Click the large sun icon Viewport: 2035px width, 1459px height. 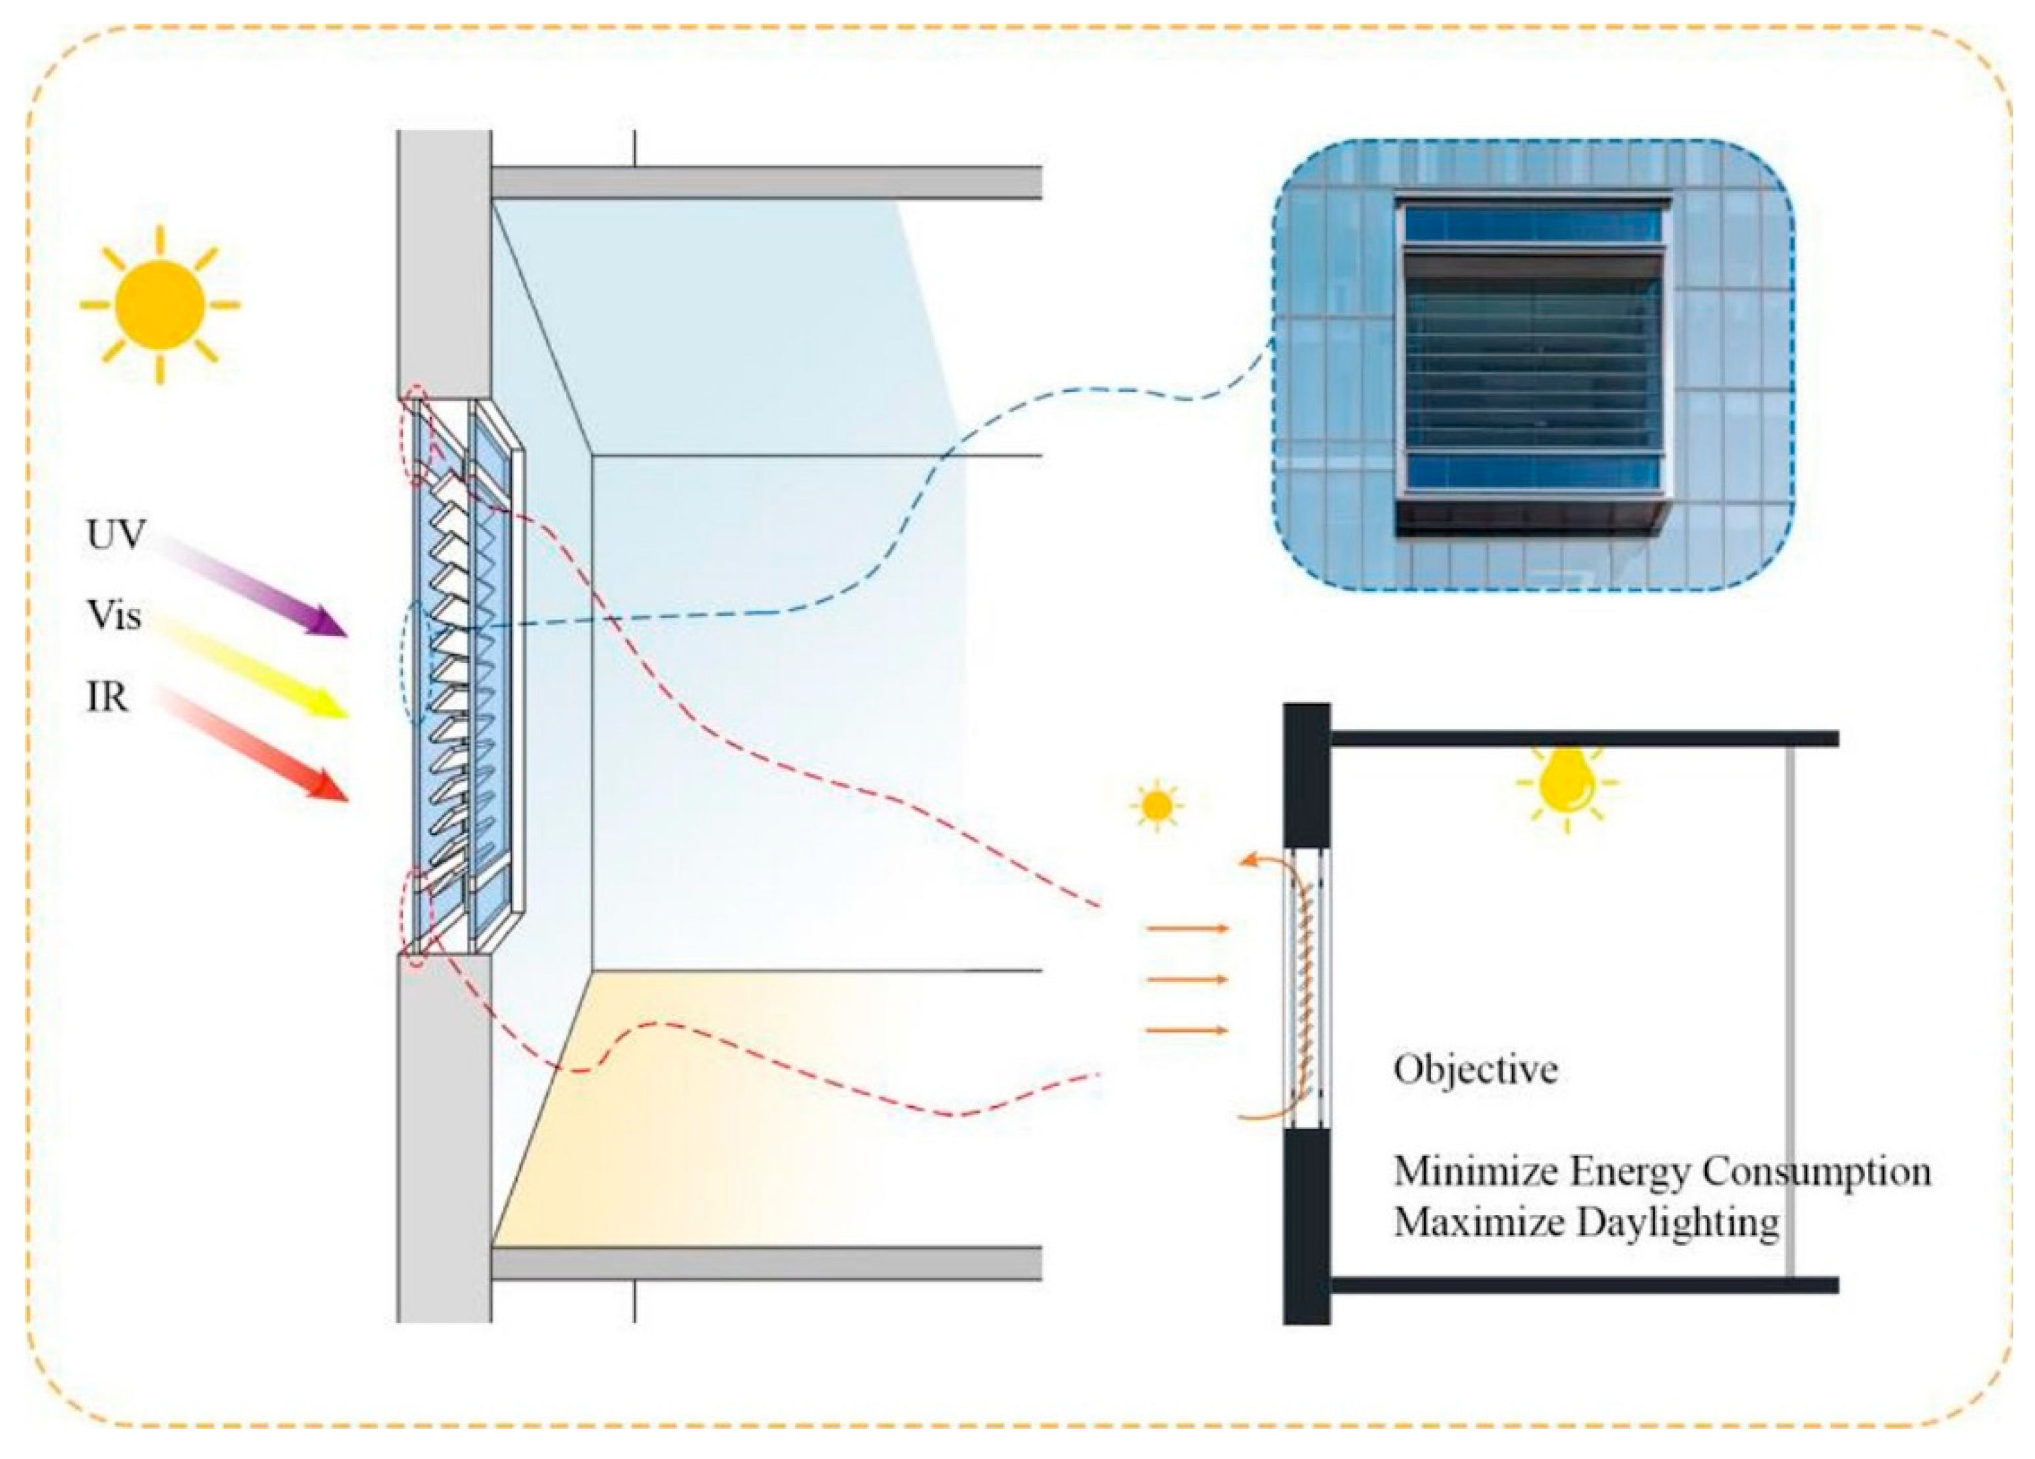[x=160, y=305]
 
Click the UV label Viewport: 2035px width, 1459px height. [x=115, y=535]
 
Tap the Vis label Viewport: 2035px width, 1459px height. [x=114, y=616]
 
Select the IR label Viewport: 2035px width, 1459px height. [x=106, y=697]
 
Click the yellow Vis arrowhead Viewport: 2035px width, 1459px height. [x=329, y=706]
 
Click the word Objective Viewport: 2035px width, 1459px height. [x=1475, y=1069]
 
